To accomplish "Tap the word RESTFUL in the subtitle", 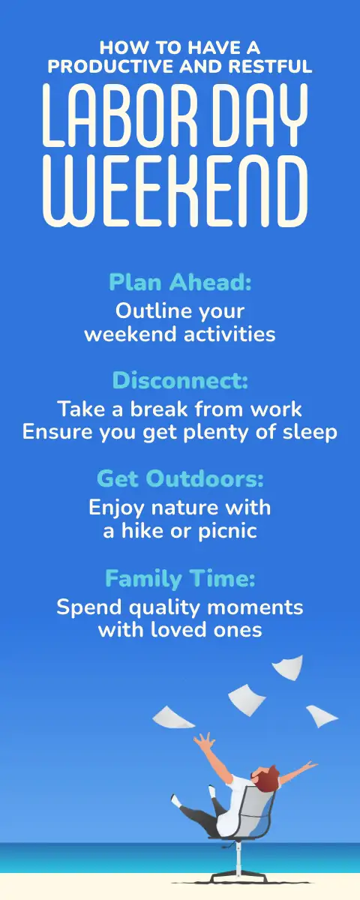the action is [270, 67].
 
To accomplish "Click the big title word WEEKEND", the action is [175, 192].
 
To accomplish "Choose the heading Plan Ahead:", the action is [180, 282].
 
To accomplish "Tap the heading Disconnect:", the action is [180, 380].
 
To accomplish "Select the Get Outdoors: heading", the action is [180, 478].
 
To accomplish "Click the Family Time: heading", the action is [180, 578].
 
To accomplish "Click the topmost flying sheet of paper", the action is [289, 667].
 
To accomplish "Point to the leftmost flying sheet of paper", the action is [172, 718].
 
